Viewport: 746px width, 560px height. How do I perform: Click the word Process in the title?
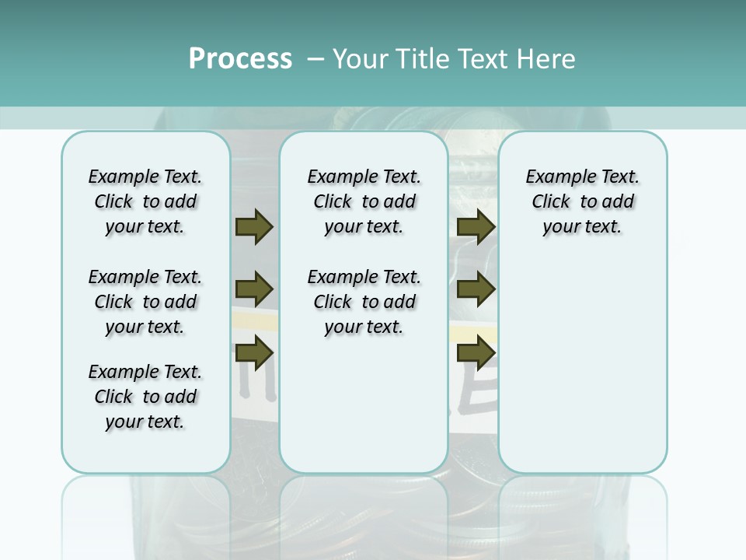coord(240,59)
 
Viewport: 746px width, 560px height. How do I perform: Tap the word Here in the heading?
coord(545,59)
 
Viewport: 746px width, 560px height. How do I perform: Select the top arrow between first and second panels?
coord(254,227)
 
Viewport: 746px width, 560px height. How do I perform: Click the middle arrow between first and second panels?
coord(254,289)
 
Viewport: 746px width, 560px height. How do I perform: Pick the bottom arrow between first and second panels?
coord(254,353)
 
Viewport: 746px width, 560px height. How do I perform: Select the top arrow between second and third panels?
coord(476,227)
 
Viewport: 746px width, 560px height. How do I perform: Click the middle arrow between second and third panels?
coord(476,289)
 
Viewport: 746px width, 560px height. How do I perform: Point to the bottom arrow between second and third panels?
coord(476,353)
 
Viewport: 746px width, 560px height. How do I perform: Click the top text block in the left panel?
coord(145,201)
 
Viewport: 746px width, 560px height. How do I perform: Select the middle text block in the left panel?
coord(145,302)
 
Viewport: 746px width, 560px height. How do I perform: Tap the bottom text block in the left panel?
coord(145,397)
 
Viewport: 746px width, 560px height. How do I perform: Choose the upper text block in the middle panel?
coord(364,201)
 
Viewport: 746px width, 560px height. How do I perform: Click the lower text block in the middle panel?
coord(364,302)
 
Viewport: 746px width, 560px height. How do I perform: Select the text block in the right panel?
coord(582,201)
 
